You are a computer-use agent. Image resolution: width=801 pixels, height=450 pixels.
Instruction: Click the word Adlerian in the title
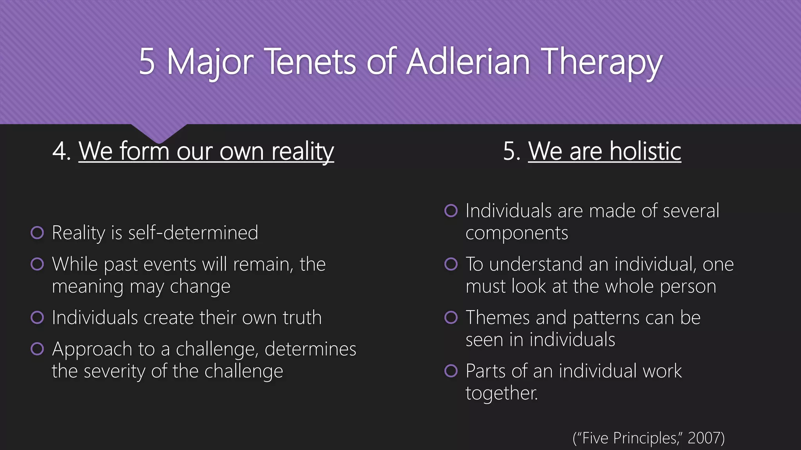(x=468, y=61)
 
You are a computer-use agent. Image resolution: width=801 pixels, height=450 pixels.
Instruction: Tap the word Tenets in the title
(x=311, y=61)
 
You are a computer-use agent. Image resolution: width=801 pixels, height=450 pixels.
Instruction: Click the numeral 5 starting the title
(x=147, y=61)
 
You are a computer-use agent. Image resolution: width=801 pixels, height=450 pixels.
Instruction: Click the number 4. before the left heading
(x=62, y=151)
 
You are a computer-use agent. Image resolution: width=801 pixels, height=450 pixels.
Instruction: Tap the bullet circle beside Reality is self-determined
(x=37, y=233)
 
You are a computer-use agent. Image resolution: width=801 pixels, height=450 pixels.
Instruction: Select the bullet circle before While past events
(x=37, y=264)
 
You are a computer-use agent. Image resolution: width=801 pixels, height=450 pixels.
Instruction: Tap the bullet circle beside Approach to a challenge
(x=37, y=349)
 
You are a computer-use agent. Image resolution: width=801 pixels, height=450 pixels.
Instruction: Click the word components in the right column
(x=516, y=234)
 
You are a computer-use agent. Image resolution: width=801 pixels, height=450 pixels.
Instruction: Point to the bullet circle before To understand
(x=451, y=264)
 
